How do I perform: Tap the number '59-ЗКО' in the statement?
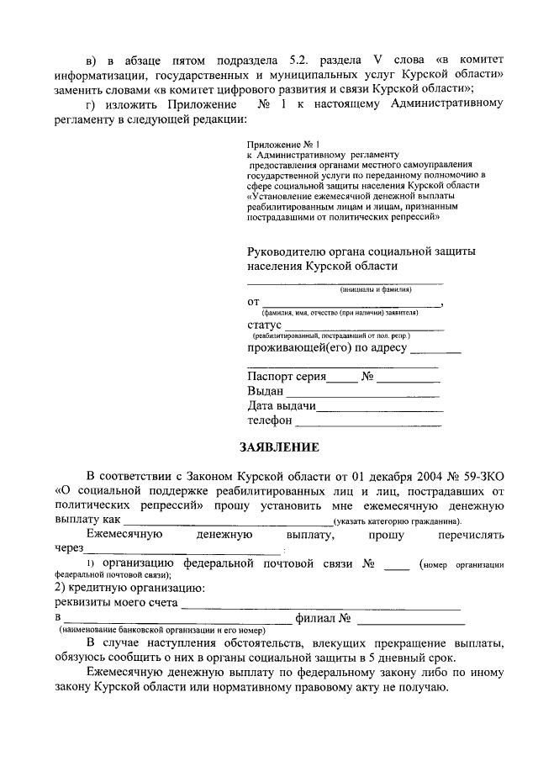click(482, 477)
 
